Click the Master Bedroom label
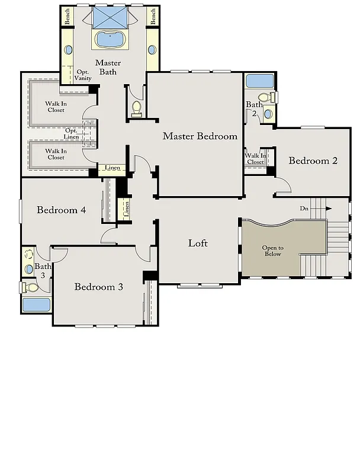(x=200, y=136)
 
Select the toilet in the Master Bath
(x=136, y=107)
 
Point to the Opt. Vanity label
(x=83, y=75)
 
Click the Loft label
(x=198, y=243)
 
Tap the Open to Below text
(x=273, y=251)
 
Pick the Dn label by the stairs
(x=304, y=209)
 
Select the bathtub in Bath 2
(x=259, y=81)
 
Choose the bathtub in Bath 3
(x=36, y=305)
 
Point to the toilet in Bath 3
(x=31, y=287)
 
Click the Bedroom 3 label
(x=99, y=287)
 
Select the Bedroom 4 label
(x=61, y=210)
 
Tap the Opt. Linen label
(x=72, y=133)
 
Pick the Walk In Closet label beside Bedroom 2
(x=255, y=159)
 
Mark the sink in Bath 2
(x=268, y=113)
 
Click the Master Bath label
(x=108, y=67)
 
